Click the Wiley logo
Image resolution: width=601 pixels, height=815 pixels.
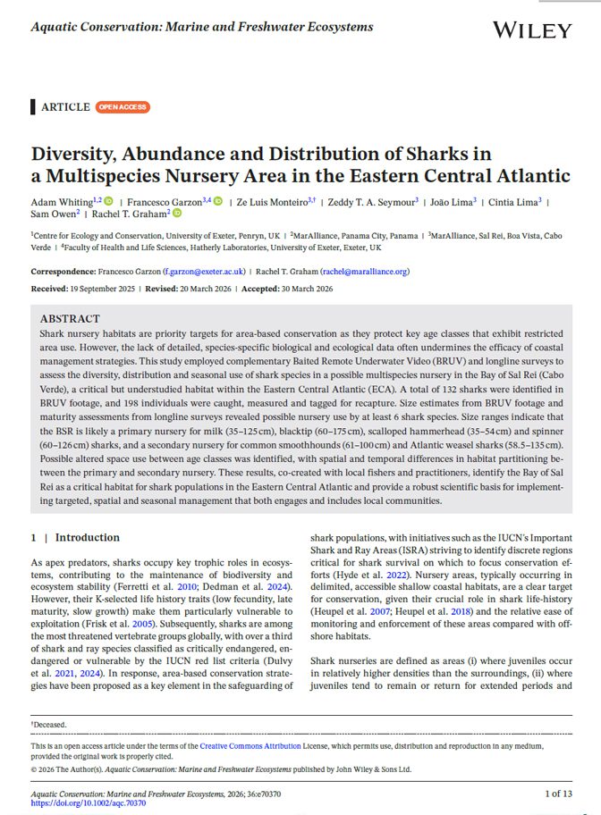[531, 30]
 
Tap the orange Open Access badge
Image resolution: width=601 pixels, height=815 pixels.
[123, 107]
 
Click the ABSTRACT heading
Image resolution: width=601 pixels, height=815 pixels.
[70, 319]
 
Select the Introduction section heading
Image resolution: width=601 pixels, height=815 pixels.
[87, 538]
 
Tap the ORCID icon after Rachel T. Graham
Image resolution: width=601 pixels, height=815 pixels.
[177, 214]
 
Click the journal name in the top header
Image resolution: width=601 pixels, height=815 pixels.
[201, 27]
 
